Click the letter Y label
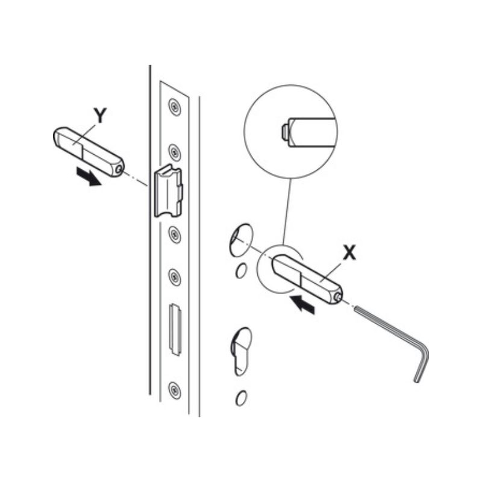[x=100, y=116]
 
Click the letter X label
[x=349, y=253]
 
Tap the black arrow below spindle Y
[x=89, y=177]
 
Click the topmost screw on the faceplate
[x=175, y=107]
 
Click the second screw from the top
[x=175, y=152]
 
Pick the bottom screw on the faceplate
[x=174, y=390]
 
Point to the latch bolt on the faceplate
[x=167, y=191]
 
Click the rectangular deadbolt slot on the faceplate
[x=175, y=329]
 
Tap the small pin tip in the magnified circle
[x=284, y=132]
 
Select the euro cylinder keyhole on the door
[x=241, y=351]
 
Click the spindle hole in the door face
[x=241, y=240]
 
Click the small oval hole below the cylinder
[x=241, y=398]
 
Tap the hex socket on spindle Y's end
[x=119, y=169]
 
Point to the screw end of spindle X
[x=338, y=296]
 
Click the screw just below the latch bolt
[x=175, y=234]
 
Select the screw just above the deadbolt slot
[x=175, y=277]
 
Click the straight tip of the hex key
[x=355, y=308]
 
